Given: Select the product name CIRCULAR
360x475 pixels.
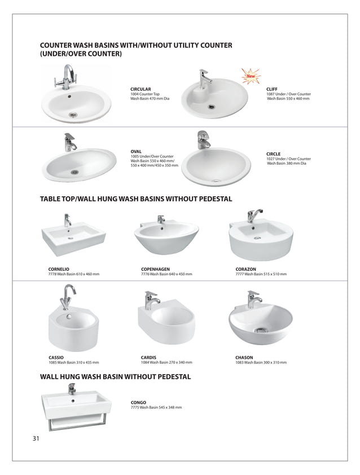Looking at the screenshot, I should (x=141, y=89).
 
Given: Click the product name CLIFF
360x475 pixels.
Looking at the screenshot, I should (x=272, y=89).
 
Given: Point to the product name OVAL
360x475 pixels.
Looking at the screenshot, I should (x=136, y=151).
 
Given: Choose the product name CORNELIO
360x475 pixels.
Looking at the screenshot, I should (x=59, y=269).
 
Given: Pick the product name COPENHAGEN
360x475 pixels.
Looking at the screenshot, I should (x=155, y=269).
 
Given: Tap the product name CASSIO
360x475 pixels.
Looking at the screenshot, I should (x=56, y=357).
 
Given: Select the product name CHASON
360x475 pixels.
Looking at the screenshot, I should (x=244, y=357).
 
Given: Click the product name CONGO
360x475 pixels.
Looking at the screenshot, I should (x=138, y=402).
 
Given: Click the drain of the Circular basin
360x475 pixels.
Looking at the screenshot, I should (x=73, y=115).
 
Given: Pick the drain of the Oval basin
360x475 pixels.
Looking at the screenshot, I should (x=74, y=172).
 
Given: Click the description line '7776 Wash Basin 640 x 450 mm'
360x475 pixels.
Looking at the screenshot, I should (x=166, y=274).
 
